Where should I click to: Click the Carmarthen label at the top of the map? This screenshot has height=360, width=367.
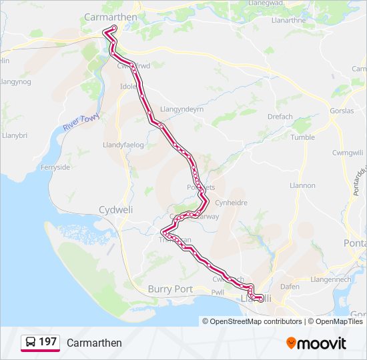click(110, 17)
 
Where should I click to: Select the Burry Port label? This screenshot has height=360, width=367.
click(170, 289)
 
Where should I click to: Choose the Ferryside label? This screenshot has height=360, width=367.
click(55, 167)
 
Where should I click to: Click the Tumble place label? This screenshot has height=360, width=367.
click(302, 137)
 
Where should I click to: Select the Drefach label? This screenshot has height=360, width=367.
click(280, 117)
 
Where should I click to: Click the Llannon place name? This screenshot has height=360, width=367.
click(302, 185)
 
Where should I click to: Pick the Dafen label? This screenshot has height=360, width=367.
click(290, 286)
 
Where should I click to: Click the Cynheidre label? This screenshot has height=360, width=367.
click(233, 203)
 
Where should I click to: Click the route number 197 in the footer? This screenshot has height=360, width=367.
click(47, 342)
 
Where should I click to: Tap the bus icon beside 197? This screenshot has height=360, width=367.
click(31, 343)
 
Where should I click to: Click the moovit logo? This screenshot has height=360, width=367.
click(316, 343)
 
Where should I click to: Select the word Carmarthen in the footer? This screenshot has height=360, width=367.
click(94, 343)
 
